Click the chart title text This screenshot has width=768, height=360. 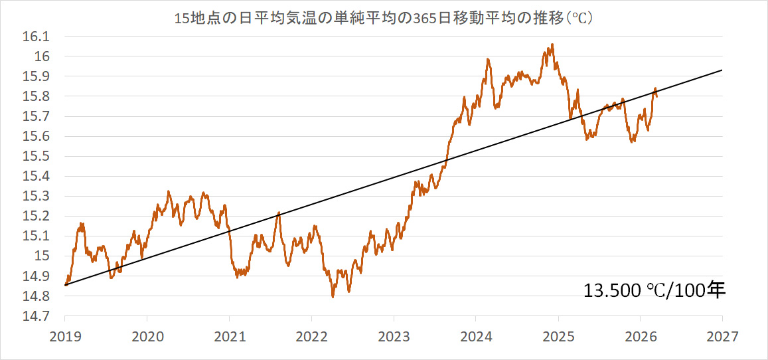(383, 19)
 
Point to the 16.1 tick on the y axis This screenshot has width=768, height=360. (40, 37)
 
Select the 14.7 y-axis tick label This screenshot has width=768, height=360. (40, 316)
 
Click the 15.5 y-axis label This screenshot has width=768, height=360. (40, 156)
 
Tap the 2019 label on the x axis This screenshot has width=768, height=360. (65, 336)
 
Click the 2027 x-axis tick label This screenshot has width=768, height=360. (722, 336)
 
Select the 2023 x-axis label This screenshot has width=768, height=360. (394, 336)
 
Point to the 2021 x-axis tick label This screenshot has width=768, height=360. (229, 336)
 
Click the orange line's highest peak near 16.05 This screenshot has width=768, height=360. (552, 45)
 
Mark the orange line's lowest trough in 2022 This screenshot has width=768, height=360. (333, 296)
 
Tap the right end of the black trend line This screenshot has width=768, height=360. (722, 70)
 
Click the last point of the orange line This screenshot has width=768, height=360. (656, 97)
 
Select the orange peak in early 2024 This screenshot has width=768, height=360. (488, 60)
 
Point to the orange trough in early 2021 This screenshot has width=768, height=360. (238, 277)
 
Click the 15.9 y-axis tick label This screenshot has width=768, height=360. (40, 76)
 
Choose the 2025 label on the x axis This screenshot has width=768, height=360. (558, 336)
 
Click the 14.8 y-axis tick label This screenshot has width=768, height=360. (40, 296)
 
